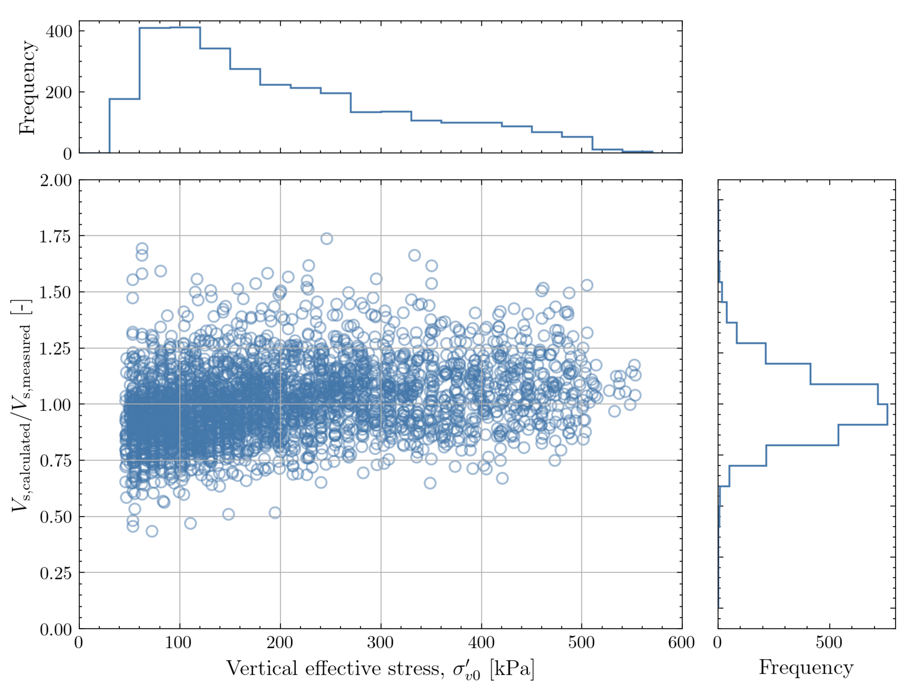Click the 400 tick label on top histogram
click(x=58, y=31)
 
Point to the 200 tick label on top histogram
click(x=58, y=92)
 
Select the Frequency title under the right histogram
click(x=806, y=667)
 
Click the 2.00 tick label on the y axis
click(x=55, y=180)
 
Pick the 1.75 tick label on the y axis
click(x=55, y=237)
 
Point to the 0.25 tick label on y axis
click(x=55, y=573)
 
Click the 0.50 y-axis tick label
click(x=55, y=517)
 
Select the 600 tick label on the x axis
click(x=681, y=642)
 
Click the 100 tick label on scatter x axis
click(x=179, y=642)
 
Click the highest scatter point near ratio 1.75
click(x=326, y=239)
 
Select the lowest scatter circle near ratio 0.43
click(x=152, y=531)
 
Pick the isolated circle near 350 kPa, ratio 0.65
click(x=430, y=483)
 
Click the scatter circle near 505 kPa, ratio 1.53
click(x=587, y=285)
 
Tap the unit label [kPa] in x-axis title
click(x=512, y=668)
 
